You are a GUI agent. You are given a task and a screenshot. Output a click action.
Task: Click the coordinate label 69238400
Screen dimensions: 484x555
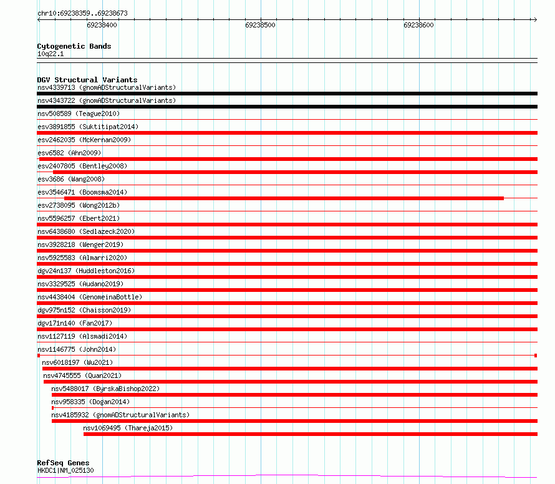pyautogui.click(x=102, y=26)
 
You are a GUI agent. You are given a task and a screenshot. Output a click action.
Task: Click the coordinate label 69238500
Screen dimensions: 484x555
pyautogui.click(x=260, y=26)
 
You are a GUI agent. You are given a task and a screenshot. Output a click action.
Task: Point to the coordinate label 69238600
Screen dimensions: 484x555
pyautogui.click(x=418, y=26)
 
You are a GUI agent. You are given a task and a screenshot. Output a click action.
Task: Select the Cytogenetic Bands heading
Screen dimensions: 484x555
pyautogui.click(x=74, y=46)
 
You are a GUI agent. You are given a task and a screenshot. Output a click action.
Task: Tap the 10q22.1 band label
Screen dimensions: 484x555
pyautogui.click(x=50, y=54)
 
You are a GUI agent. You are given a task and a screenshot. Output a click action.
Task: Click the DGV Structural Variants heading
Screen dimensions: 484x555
pyautogui.click(x=87, y=80)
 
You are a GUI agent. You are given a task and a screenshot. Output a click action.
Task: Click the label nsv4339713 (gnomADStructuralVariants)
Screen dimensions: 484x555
pyautogui.click(x=106, y=87)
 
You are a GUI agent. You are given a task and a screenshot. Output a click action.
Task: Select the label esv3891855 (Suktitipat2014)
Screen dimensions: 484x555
pyautogui.click(x=87, y=127)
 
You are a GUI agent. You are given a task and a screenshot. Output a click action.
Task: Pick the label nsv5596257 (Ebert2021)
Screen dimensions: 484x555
pyautogui.click(x=78, y=218)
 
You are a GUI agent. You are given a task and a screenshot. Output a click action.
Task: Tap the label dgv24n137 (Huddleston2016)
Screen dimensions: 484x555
pyautogui.click(x=85, y=271)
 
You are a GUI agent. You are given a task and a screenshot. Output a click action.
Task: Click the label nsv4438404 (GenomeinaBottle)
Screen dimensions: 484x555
pyautogui.click(x=89, y=297)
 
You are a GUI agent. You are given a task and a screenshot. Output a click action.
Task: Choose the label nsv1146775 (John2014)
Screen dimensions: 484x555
pyautogui.click(x=76, y=349)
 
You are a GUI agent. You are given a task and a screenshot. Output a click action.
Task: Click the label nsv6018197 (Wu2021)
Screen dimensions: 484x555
pyautogui.click(x=77, y=362)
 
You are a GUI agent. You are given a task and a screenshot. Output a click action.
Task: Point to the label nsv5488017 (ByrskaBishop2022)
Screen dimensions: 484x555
pyautogui.click(x=105, y=389)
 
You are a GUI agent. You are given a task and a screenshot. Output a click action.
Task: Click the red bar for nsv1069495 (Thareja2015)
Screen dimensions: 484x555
pyautogui.click(x=310, y=434)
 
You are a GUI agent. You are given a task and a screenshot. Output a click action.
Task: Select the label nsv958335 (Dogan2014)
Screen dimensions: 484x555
pyautogui.click(x=90, y=402)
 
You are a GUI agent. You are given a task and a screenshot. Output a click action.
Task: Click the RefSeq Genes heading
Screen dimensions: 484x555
pyautogui.click(x=63, y=463)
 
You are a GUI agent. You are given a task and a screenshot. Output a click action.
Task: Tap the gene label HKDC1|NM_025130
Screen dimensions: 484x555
pyautogui.click(x=65, y=470)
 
